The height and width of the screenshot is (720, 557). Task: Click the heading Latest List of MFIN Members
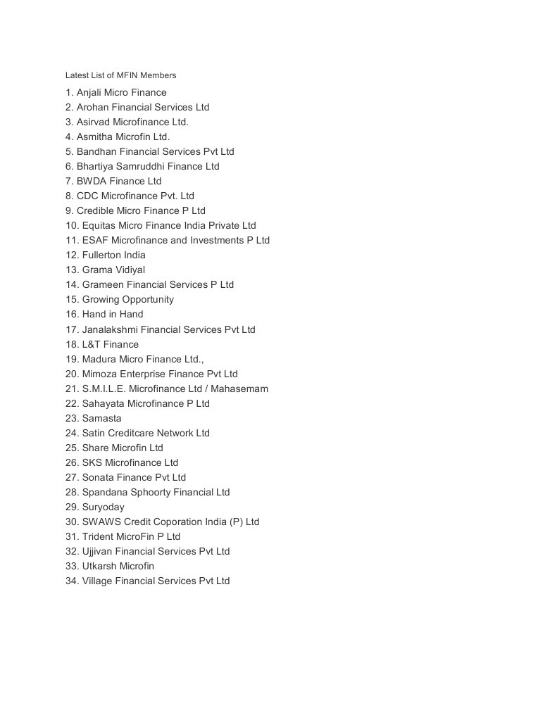[x=120, y=75]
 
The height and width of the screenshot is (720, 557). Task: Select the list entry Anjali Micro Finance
[x=116, y=92]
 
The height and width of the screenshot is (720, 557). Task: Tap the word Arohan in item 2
[x=92, y=107]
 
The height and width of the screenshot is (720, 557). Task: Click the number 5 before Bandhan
[x=69, y=151]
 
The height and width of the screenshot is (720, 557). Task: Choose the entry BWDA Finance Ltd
[x=113, y=181]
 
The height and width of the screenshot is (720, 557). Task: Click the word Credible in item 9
[x=95, y=210]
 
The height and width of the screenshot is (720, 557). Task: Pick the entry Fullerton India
[x=106, y=255]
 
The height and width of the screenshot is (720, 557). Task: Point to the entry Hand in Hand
[x=104, y=314]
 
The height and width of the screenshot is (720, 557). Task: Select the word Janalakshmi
[x=111, y=329]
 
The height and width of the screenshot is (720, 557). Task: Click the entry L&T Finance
[x=102, y=344]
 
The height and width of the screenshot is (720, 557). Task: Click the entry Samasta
[x=94, y=418]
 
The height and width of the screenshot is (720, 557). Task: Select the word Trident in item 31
[x=98, y=536]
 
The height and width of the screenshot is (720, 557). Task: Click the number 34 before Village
[x=72, y=581]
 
